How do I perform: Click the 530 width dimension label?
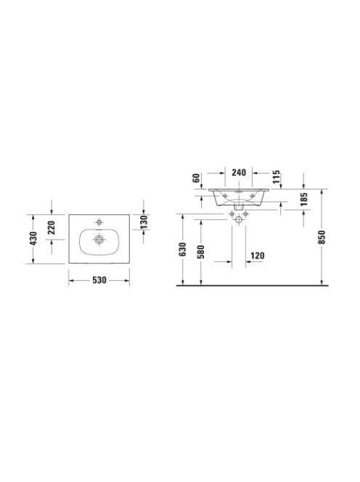[x=99, y=280]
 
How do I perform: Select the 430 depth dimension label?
[x=33, y=239]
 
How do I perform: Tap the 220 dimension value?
[x=52, y=228]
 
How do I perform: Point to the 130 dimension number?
[x=144, y=222]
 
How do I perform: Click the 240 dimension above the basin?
[x=239, y=173]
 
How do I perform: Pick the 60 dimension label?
[x=197, y=178]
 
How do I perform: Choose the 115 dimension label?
[x=276, y=176]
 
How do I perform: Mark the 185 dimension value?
[x=303, y=199]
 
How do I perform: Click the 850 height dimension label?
[x=322, y=237]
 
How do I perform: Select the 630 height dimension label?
[x=183, y=249]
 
